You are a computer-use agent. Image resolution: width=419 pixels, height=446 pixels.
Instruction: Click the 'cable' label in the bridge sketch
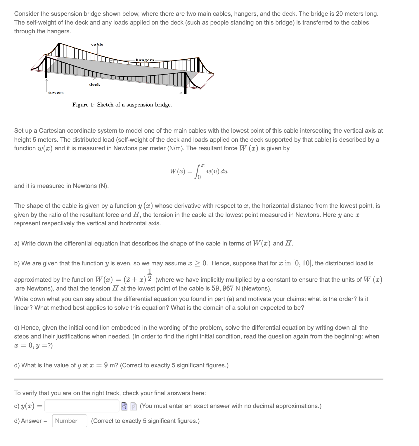tap(97, 44)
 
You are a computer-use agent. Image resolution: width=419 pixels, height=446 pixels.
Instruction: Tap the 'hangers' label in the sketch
tap(145, 60)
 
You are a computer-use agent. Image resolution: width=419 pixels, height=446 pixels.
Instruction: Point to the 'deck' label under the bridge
tap(94, 84)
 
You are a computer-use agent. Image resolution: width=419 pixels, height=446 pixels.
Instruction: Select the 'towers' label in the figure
tap(56, 93)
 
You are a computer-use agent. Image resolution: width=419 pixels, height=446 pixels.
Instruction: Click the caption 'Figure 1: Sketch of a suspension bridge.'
tap(122, 105)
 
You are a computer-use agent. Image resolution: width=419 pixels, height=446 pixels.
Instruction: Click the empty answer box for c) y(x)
tap(82, 406)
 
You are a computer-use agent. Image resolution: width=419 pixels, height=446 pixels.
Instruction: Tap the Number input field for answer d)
tap(70, 421)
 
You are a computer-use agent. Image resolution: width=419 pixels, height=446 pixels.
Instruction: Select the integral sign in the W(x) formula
tap(199, 172)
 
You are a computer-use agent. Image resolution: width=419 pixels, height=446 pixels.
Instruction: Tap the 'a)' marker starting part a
tap(17, 243)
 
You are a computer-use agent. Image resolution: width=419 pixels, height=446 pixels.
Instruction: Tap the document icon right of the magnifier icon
tap(133, 406)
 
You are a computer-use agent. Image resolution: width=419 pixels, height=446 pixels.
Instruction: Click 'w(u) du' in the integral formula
tap(217, 172)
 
